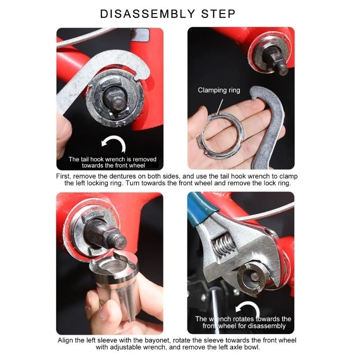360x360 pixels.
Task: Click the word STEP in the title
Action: [219, 13]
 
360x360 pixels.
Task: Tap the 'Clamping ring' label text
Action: [219, 90]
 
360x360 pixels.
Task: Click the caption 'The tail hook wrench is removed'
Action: [112, 159]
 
